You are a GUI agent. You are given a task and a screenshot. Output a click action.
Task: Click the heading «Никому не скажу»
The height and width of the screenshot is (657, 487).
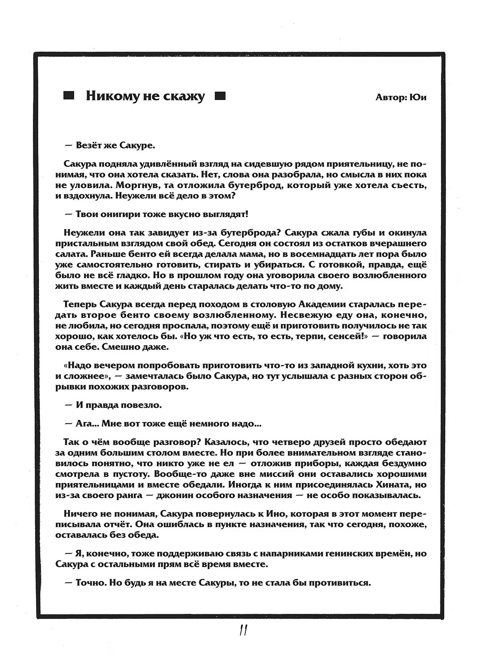pos(145,96)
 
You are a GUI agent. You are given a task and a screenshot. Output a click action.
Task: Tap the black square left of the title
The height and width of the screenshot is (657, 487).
pos(69,96)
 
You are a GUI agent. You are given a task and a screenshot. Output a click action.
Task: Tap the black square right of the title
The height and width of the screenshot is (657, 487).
pos(220,96)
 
